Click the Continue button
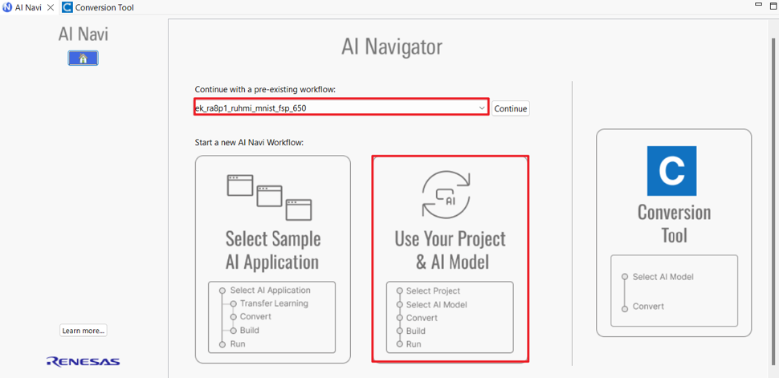point(511,108)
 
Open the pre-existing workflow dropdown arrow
point(481,108)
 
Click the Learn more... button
point(84,331)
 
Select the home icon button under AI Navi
point(83,58)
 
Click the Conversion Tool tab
point(98,7)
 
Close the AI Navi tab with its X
point(50,7)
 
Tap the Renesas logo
point(83,361)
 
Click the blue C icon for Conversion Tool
point(671,171)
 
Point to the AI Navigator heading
point(391,47)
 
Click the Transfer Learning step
point(274,303)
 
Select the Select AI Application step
point(271,290)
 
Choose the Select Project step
point(433,291)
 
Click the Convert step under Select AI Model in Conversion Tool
point(648,307)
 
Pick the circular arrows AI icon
point(446,194)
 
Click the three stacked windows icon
point(269,197)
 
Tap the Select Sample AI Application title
point(272,250)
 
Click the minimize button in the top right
point(758,5)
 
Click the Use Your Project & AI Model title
point(450,250)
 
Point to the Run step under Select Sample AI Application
point(238,343)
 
